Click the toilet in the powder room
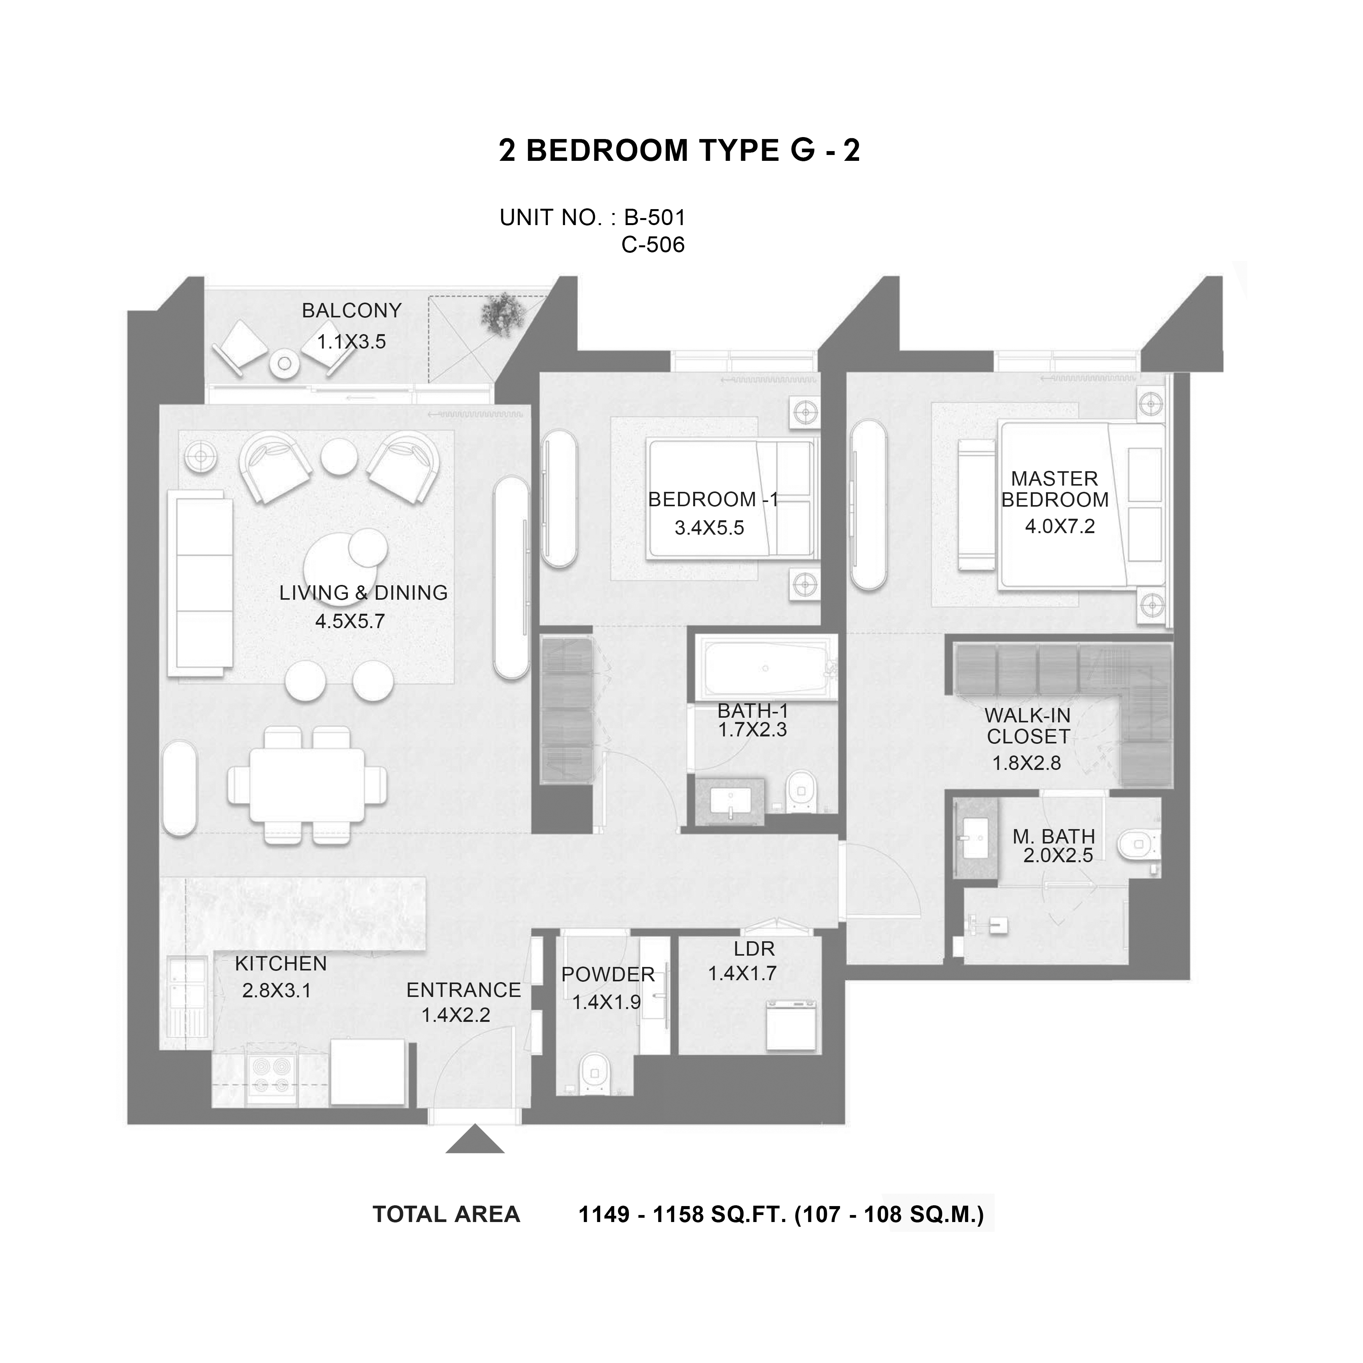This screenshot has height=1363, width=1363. point(593,1076)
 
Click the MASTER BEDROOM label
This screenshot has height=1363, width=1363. point(1055,489)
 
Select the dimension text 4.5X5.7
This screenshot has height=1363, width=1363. point(350,622)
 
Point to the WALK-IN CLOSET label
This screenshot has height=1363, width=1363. point(1027,726)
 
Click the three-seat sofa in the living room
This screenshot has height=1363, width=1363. point(200,583)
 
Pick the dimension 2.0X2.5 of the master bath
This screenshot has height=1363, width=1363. point(1058,856)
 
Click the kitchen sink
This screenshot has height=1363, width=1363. point(187,984)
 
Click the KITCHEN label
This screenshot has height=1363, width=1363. point(281,964)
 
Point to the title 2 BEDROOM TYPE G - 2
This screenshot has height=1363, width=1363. point(680,150)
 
